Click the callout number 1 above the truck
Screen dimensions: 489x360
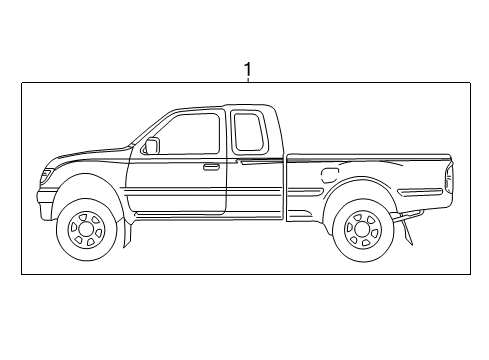coord(247,70)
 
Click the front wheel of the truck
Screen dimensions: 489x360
coord(86,230)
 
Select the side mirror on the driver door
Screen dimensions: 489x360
coord(151,146)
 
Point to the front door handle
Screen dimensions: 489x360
coord(211,167)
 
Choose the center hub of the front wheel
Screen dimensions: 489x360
coord(86,231)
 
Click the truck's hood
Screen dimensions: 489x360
coord(90,155)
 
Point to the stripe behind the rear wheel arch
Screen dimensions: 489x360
coord(418,190)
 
